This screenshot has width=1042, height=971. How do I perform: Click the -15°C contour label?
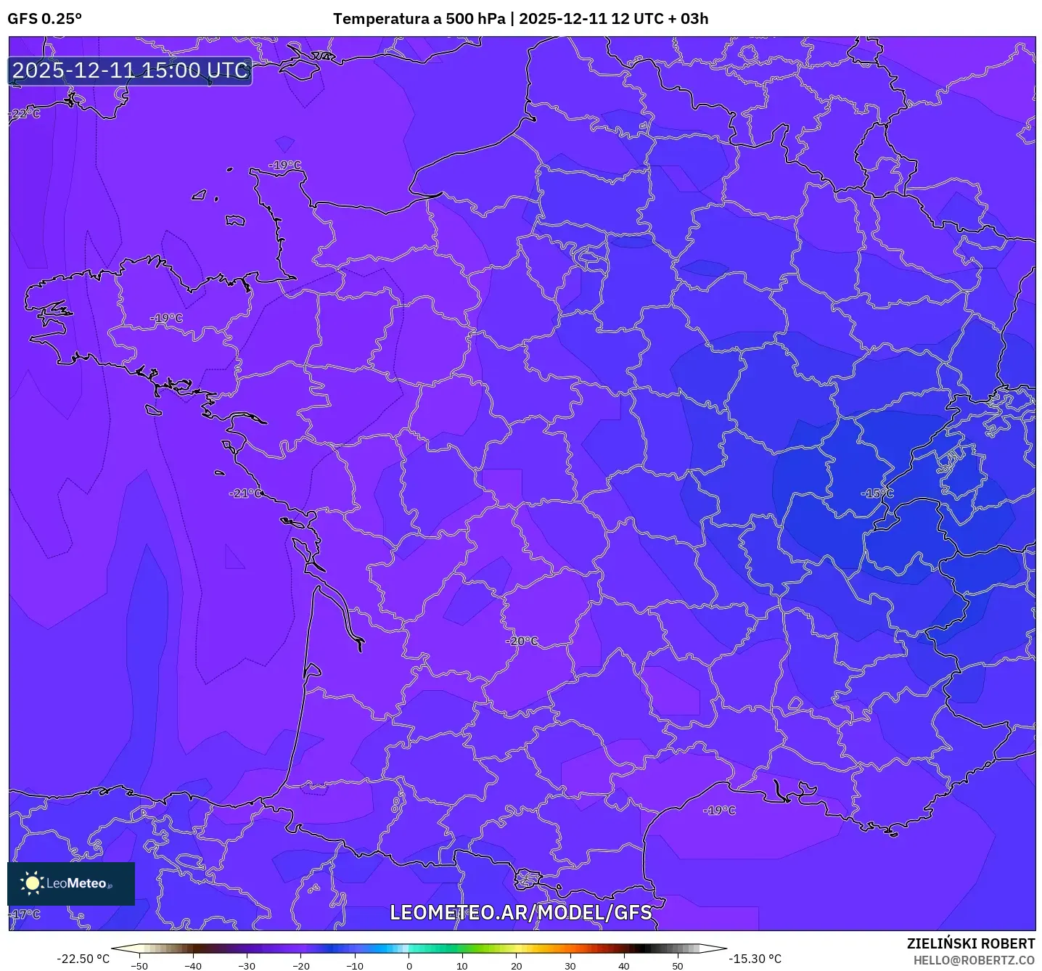tap(878, 493)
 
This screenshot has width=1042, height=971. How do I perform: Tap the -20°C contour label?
tap(522, 641)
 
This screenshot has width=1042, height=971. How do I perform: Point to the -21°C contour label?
tap(247, 493)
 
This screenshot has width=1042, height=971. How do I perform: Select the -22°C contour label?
tap(25, 114)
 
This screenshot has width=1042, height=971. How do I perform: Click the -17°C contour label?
tap(26, 914)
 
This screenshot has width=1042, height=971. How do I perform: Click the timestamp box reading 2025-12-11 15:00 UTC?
tap(131, 70)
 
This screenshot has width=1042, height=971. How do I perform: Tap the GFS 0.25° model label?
tap(45, 19)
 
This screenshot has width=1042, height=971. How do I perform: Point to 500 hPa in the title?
tap(475, 19)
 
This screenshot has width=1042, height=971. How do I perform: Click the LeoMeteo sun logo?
tap(32, 883)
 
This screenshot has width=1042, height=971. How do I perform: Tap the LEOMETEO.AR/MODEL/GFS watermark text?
tap(521, 912)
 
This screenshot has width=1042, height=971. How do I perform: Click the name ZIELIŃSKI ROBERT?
tap(971, 943)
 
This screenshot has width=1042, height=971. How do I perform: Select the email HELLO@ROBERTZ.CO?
tap(974, 960)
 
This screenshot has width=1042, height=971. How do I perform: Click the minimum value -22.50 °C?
tap(83, 959)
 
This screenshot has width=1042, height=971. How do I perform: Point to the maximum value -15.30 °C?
tap(755, 959)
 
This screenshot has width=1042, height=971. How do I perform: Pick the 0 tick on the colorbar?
tap(409, 966)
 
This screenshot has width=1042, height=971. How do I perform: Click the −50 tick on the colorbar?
tap(139, 966)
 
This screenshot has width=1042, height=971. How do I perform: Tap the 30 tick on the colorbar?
tap(570, 966)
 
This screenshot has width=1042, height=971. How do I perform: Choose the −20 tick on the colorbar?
tap(300, 966)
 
